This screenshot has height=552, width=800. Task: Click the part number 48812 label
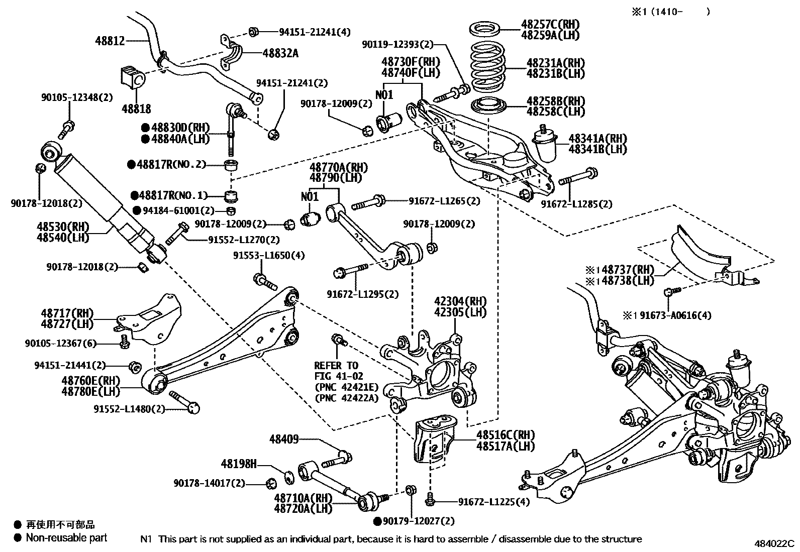[110, 41]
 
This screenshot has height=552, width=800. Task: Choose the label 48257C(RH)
[550, 24]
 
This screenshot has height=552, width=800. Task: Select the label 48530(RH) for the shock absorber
[63, 227]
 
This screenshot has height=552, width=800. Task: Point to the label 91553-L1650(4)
[269, 255]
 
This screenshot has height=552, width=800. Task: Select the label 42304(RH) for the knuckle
[460, 301]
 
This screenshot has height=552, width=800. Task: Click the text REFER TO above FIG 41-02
[336, 366]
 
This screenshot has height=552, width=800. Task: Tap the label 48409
[284, 439]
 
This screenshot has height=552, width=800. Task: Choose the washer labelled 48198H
[289, 477]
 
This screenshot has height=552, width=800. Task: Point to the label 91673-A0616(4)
[675, 315]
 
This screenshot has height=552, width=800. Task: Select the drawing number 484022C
[774, 543]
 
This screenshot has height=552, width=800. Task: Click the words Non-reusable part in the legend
[67, 538]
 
